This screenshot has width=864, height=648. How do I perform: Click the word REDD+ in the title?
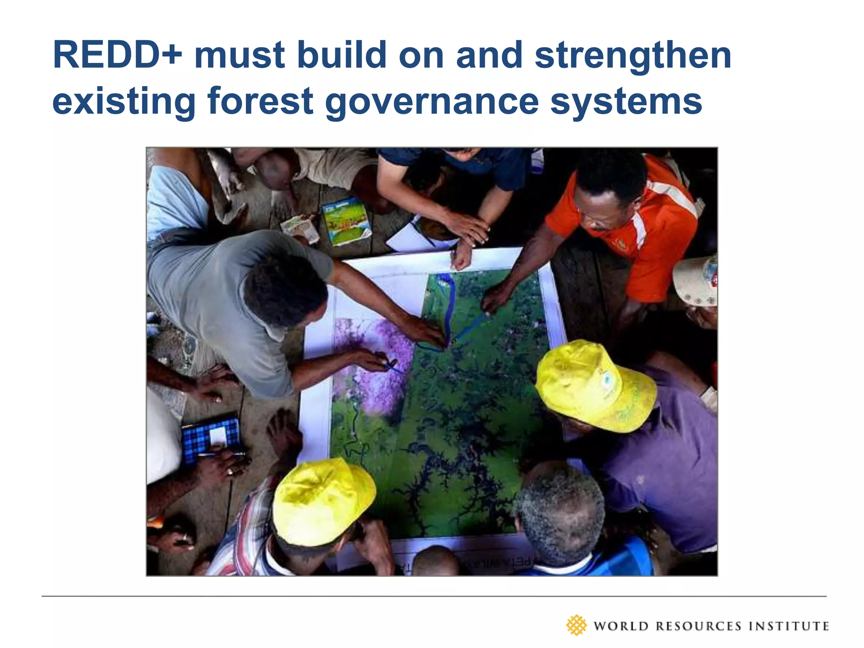click(117, 55)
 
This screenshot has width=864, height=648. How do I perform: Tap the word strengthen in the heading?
click(633, 56)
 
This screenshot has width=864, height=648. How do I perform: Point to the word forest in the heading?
click(260, 101)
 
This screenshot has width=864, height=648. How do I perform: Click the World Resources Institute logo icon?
click(576, 625)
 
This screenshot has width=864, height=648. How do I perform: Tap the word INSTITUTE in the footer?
click(788, 626)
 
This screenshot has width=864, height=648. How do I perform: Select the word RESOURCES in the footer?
click(698, 626)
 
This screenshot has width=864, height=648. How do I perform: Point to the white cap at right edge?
click(696, 281)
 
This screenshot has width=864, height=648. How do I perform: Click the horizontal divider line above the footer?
click(434, 596)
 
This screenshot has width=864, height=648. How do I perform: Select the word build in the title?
click(341, 55)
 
